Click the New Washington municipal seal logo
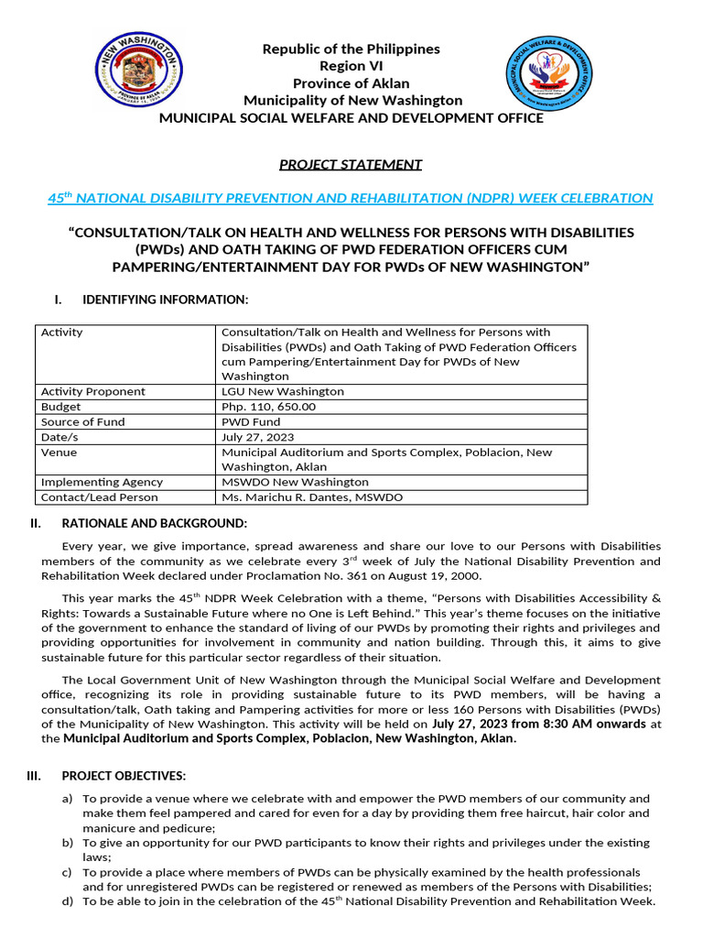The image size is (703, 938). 138,74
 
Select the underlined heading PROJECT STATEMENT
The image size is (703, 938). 351,165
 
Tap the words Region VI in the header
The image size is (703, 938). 351,66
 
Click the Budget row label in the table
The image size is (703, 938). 60,407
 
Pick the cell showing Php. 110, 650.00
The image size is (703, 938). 268,407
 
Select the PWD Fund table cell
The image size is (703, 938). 249,421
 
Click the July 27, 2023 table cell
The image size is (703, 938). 258,437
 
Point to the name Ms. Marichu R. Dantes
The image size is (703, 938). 288,496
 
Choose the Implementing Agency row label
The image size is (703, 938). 102,482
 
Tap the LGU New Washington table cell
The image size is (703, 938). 282,391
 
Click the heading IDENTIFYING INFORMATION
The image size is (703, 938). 165,300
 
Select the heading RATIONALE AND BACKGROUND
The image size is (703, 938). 154,523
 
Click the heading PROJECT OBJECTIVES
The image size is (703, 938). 124,776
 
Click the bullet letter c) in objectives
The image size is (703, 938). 68,872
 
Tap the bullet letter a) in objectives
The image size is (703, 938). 68,799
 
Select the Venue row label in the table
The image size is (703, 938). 59,453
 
